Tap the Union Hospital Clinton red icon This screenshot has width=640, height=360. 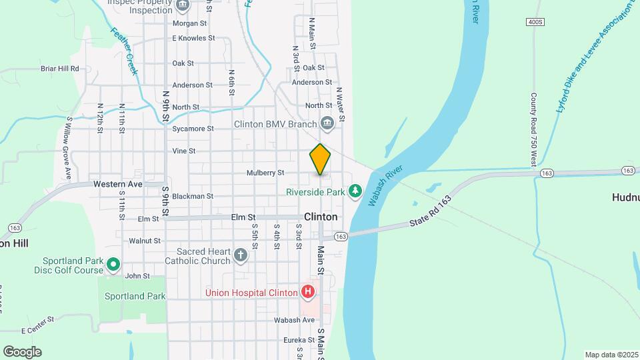[307, 291]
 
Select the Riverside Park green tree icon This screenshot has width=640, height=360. [355, 192]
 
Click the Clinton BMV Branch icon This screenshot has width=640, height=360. [327, 123]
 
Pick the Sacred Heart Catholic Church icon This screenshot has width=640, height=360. [241, 255]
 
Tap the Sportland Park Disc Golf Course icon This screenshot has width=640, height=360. [113, 265]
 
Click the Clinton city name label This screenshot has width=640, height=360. [321, 217]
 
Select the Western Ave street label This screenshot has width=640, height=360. [118, 183]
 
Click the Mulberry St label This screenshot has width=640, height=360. [266, 173]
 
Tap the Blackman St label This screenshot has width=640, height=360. [193, 196]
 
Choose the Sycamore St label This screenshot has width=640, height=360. [193, 129]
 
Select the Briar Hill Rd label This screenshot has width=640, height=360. [60, 68]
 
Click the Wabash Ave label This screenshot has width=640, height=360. [295, 320]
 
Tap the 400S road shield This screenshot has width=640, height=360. [535, 22]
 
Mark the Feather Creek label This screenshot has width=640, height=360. [124, 51]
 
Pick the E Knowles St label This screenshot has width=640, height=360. [193, 38]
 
